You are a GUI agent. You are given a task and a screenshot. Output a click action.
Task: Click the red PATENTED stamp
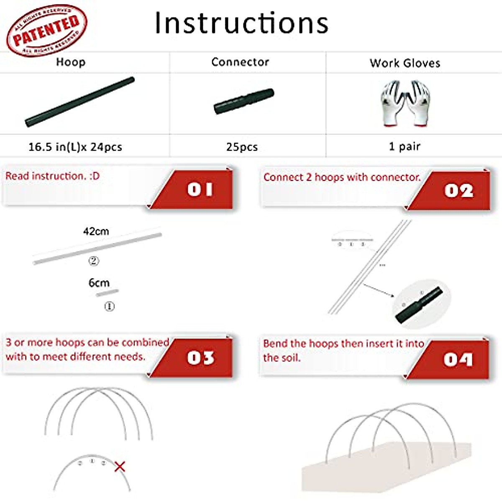[46, 30]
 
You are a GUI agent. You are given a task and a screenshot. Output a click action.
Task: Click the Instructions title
[241, 23]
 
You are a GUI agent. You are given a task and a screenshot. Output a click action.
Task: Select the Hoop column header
[71, 62]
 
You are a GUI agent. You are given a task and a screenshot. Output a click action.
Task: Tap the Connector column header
[240, 62]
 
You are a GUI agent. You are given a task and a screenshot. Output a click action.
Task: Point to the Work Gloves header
[405, 63]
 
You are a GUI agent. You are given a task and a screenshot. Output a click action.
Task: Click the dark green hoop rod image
[80, 102]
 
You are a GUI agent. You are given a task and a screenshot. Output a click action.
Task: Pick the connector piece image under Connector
[244, 101]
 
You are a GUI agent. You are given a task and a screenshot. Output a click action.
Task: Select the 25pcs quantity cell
[242, 147]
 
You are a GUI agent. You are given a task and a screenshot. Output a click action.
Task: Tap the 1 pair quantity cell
[405, 146]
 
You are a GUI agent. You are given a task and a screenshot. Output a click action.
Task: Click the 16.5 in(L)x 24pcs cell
[75, 147]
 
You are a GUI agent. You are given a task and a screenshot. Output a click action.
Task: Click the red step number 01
[200, 190]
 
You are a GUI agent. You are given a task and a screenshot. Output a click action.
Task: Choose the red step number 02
[458, 191]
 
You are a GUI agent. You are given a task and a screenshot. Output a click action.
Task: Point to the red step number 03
[201, 358]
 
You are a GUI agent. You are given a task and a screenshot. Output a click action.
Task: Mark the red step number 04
[458, 359]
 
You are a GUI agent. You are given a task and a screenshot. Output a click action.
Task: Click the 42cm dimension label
[96, 231]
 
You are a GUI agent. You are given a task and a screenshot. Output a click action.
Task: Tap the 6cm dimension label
[99, 283]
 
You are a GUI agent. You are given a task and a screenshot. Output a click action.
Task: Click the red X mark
[120, 466]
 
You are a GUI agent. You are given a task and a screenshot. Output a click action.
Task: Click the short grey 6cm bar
[107, 293]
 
